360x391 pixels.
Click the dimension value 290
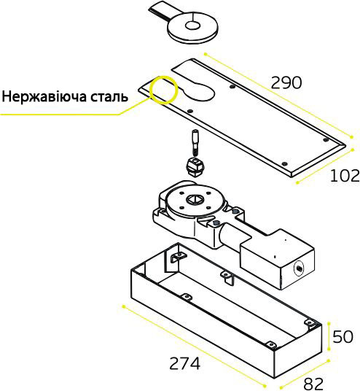(x=286, y=82)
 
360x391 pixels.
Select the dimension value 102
(x=345, y=176)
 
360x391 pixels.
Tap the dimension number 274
(x=184, y=363)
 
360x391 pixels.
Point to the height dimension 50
(x=343, y=336)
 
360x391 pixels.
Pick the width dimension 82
(x=313, y=384)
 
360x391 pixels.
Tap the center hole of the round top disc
(x=192, y=26)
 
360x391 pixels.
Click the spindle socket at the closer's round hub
(x=195, y=199)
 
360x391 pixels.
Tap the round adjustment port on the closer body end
(x=299, y=268)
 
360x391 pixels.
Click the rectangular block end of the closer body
(x=276, y=259)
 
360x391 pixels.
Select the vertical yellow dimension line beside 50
(x=329, y=336)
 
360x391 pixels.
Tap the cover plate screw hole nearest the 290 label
(x=232, y=87)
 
